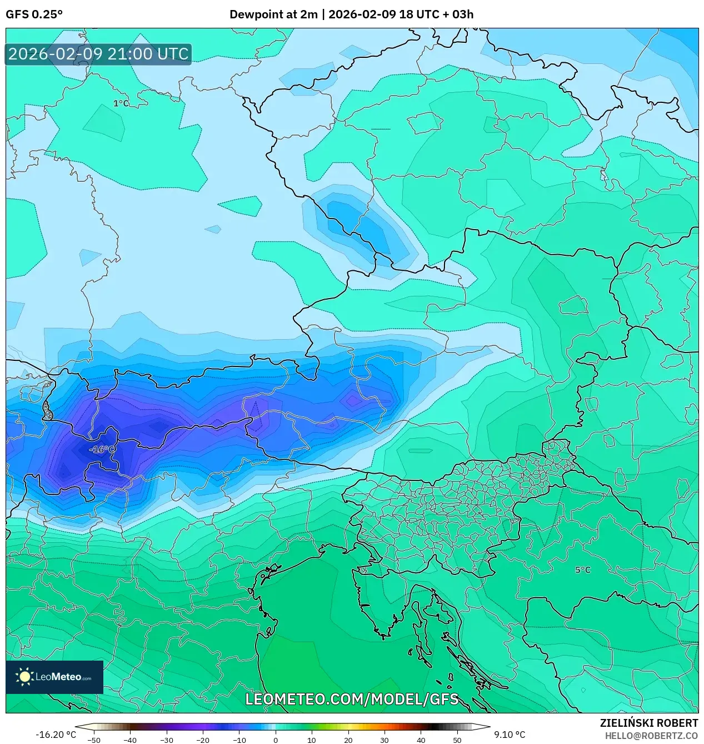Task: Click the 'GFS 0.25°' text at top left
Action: tap(34, 14)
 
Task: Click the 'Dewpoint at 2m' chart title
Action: tap(273, 14)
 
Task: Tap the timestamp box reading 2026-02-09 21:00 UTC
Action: tap(98, 54)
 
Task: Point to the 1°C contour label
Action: tap(121, 103)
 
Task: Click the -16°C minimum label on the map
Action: tap(102, 449)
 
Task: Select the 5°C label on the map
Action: tap(582, 570)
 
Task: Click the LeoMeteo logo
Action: tap(54, 677)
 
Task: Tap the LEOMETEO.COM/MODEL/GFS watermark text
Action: tap(352, 699)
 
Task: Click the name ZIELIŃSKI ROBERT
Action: tap(648, 723)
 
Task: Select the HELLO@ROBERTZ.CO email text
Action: tap(651, 736)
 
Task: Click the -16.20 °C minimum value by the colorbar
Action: tap(56, 735)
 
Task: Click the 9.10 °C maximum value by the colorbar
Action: tap(510, 735)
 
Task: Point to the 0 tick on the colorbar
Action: tap(276, 740)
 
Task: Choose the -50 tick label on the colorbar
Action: tap(94, 740)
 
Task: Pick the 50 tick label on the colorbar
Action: tap(457, 740)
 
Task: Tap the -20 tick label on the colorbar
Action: tap(203, 740)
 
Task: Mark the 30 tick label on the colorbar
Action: tap(385, 740)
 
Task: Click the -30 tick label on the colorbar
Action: tap(167, 740)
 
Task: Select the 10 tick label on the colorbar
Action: tap(312, 740)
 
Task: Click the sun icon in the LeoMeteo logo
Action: tap(24, 677)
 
